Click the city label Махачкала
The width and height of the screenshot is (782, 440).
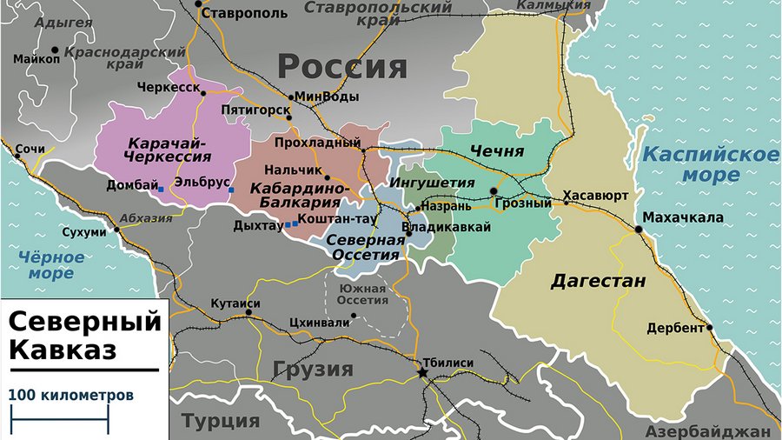pyautogui.click(x=683, y=217)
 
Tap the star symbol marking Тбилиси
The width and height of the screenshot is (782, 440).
pyautogui.click(x=423, y=372)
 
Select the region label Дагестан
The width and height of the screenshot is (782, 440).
pyautogui.click(x=599, y=281)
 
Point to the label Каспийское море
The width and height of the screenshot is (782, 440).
pyautogui.click(x=710, y=164)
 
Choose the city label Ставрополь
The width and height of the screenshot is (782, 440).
pyautogui.click(x=243, y=14)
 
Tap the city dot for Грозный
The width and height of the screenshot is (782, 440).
pyautogui.click(x=494, y=191)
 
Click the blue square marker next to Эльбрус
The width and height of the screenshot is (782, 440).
pyautogui.click(x=231, y=190)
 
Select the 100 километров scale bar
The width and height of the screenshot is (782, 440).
pyautogui.click(x=58, y=424)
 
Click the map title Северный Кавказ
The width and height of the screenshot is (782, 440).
pyautogui.click(x=84, y=335)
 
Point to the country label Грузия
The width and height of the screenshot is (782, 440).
pyautogui.click(x=313, y=369)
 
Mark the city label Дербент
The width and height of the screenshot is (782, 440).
pyautogui.click(x=675, y=328)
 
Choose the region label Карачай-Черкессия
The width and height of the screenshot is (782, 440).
pyautogui.click(x=169, y=150)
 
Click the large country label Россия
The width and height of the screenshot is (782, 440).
pyautogui.click(x=341, y=66)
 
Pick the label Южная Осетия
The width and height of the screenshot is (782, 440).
pyautogui.click(x=362, y=294)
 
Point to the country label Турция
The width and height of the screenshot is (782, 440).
pyautogui.click(x=221, y=421)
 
